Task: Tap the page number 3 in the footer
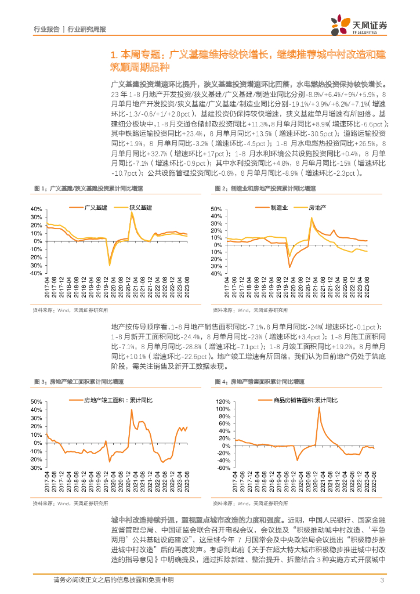[382, 581]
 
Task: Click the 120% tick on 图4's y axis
[223, 401]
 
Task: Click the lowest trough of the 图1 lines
[109, 265]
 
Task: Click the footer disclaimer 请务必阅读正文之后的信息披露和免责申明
[107, 581]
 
